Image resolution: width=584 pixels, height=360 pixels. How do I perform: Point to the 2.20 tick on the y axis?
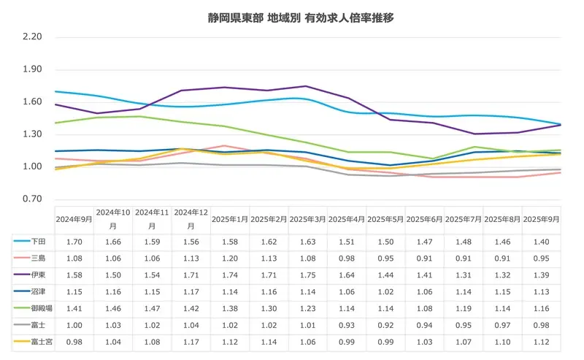(x=32, y=37)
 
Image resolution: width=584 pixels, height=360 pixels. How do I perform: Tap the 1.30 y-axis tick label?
(x=32, y=134)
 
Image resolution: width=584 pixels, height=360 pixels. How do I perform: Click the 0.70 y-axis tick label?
(x=32, y=199)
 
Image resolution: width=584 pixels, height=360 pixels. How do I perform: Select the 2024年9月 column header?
(x=74, y=219)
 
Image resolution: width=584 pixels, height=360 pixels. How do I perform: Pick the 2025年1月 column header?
(x=230, y=219)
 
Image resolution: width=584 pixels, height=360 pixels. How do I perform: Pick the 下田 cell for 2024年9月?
(x=74, y=240)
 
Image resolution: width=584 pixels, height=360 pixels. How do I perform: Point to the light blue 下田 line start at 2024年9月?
(x=56, y=91)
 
